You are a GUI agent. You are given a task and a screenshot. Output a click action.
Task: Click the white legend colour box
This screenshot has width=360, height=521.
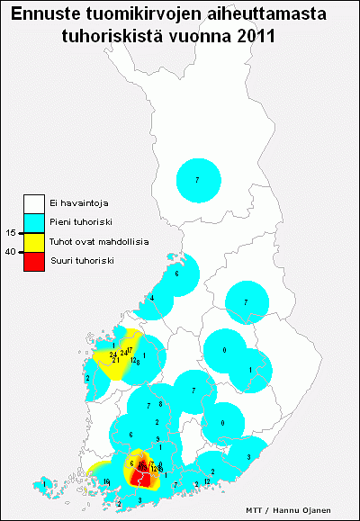tap(34, 203)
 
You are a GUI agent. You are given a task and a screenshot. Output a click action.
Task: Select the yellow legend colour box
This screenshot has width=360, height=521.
tap(34, 241)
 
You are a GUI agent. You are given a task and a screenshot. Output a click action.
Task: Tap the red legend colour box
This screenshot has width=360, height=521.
tap(34, 260)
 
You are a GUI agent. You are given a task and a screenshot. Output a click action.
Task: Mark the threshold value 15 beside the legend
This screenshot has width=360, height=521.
tap(10, 232)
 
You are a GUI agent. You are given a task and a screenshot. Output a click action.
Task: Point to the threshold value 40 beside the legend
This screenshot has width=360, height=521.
tap(10, 251)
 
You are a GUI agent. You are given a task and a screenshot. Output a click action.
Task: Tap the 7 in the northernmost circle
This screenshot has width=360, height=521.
tap(197, 181)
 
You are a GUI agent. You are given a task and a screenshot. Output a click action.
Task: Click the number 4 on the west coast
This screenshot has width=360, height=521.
tap(152, 298)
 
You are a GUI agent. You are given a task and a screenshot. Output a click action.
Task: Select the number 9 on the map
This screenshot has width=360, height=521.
tap(157, 437)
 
